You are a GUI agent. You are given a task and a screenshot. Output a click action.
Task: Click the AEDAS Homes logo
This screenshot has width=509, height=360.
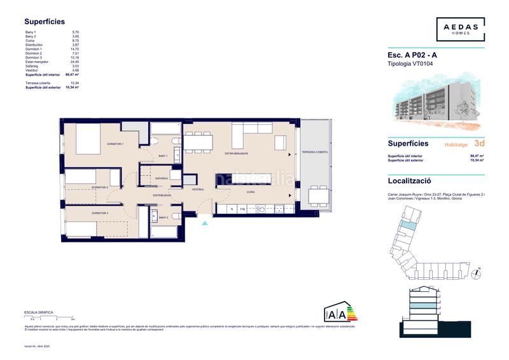coord(461,29)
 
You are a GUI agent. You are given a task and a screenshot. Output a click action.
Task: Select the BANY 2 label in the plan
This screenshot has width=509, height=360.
coord(164,218)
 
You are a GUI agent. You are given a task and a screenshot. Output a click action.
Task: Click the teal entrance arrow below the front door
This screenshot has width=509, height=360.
coord(204,223)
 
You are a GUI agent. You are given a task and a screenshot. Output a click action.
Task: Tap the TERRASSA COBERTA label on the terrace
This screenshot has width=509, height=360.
coord(315,153)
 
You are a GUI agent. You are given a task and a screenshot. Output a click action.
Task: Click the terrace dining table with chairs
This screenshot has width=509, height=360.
coord(314,195)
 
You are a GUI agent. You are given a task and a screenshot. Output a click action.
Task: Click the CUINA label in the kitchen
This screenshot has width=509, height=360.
coord(251,191)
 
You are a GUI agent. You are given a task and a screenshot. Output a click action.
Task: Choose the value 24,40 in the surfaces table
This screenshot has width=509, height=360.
coord(74,62)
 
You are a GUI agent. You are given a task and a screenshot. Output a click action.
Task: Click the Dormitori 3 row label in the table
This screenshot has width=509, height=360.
coord(34,57)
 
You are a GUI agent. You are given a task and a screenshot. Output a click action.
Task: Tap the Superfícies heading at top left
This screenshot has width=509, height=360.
coord(45,21)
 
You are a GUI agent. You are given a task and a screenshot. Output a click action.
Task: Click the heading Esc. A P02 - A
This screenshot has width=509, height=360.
coord(412,55)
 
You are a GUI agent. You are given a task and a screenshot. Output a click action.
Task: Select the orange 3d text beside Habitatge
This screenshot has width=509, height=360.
coord(478,144)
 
